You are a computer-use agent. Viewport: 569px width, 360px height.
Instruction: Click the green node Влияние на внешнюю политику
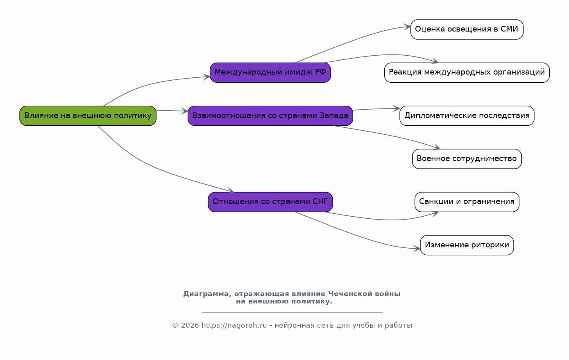pyautogui.click(x=88, y=116)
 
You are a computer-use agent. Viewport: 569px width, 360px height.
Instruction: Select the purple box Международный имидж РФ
pyautogui.click(x=270, y=72)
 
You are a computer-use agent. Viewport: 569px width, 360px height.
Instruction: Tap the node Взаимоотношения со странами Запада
pyautogui.click(x=270, y=116)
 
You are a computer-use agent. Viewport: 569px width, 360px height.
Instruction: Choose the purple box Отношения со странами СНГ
pyautogui.click(x=270, y=202)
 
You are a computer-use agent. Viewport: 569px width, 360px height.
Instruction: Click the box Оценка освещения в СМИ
pyautogui.click(x=467, y=29)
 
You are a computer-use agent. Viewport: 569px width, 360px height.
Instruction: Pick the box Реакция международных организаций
pyautogui.click(x=467, y=72)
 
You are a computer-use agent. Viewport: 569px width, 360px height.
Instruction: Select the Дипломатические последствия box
pyautogui.click(x=467, y=116)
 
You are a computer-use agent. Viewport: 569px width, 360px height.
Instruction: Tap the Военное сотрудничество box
pyautogui.click(x=467, y=159)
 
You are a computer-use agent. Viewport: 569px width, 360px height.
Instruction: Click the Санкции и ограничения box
pyautogui.click(x=467, y=202)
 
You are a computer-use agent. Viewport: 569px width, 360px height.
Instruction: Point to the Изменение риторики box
pyautogui.click(x=467, y=245)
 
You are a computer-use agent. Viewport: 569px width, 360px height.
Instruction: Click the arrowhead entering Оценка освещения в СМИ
pyautogui.click(x=408, y=27)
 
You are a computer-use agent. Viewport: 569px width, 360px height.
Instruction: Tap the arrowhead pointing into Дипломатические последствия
pyautogui.click(x=397, y=109)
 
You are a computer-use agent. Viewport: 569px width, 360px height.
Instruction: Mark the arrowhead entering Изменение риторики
pyautogui.click(x=417, y=249)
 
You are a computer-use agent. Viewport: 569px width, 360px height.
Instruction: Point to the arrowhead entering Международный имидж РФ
pyautogui.click(x=207, y=77)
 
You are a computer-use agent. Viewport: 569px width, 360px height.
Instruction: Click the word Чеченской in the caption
pyautogui.click(x=347, y=294)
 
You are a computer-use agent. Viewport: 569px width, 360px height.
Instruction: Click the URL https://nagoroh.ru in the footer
pyautogui.click(x=234, y=326)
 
